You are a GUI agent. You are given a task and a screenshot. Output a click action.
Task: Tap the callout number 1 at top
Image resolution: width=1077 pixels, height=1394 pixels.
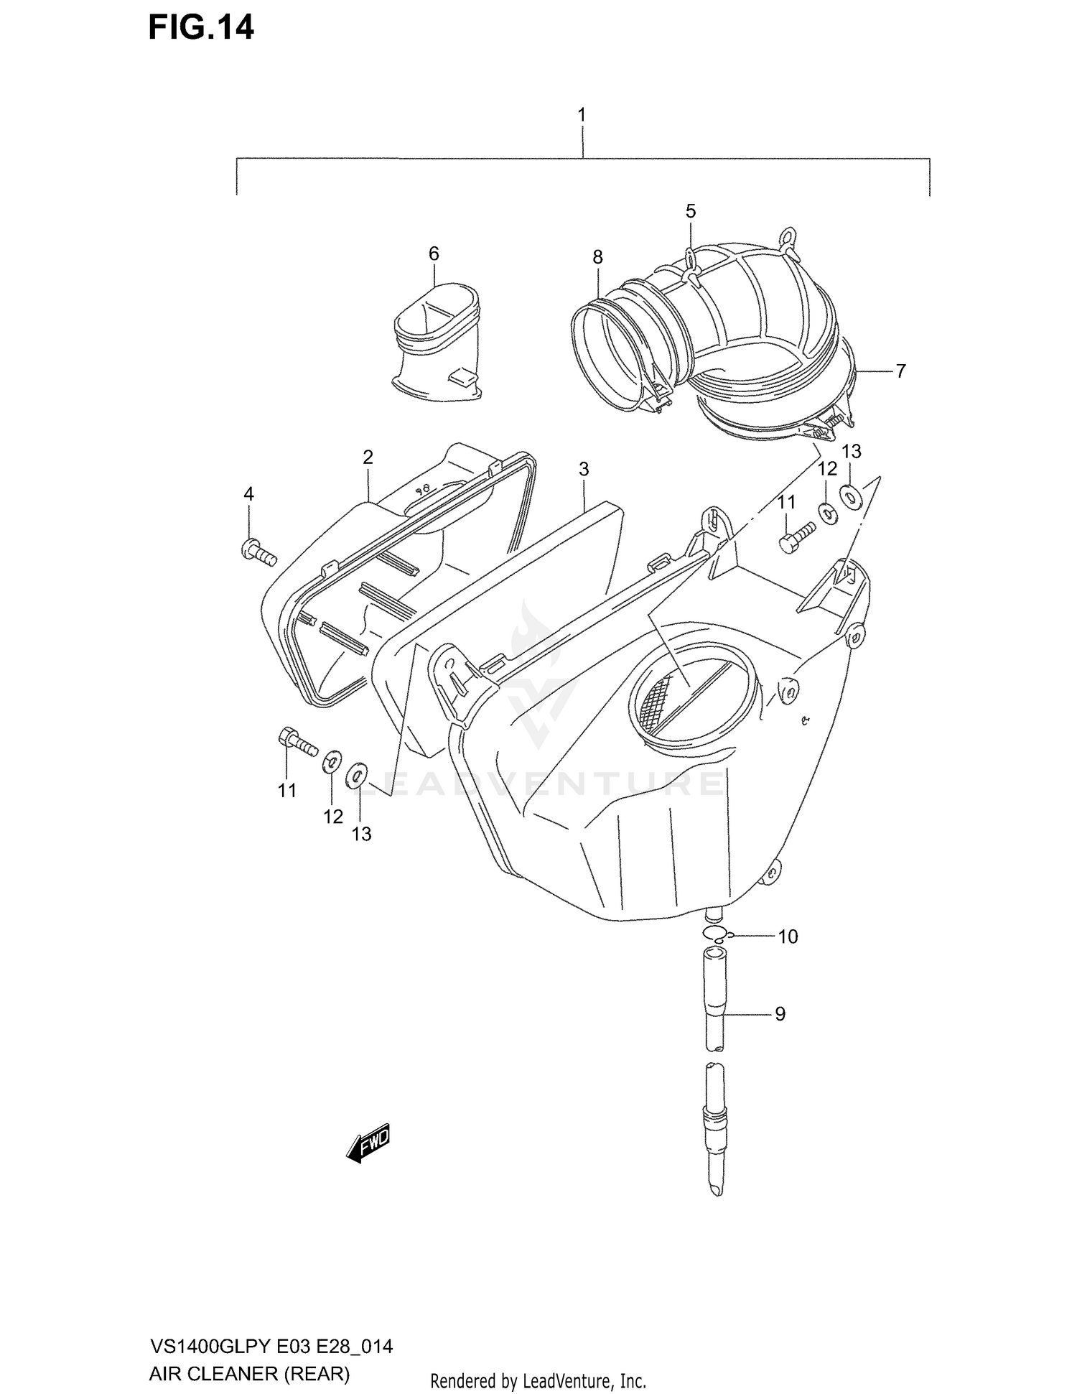click(582, 115)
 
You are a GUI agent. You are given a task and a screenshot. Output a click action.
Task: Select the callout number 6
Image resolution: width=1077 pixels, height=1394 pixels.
click(434, 254)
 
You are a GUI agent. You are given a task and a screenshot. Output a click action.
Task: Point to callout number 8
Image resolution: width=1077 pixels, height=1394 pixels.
click(597, 257)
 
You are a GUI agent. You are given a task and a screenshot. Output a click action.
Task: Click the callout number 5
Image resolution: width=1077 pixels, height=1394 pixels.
click(690, 211)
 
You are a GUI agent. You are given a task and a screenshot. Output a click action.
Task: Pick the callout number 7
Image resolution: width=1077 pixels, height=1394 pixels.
click(900, 371)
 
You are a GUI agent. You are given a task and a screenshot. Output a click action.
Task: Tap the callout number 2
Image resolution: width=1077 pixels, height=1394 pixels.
click(368, 457)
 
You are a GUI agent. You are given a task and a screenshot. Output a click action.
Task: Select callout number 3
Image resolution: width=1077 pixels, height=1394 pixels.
click(584, 469)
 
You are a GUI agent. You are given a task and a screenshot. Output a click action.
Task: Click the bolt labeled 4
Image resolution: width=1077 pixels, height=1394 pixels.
click(258, 553)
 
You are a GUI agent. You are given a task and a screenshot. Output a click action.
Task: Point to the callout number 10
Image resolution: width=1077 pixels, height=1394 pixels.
click(788, 937)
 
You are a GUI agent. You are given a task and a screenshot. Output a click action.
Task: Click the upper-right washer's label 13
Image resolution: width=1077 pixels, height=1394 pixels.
click(851, 451)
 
